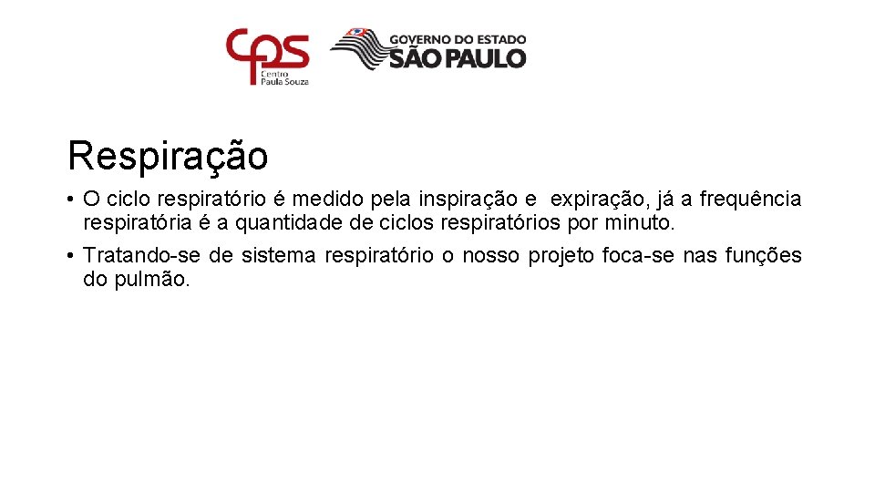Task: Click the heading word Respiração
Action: click(x=168, y=157)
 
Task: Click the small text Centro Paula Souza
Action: click(x=285, y=77)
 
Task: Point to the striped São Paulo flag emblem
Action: click(x=357, y=49)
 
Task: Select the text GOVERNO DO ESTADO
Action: click(x=458, y=39)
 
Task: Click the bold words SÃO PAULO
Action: click(x=458, y=58)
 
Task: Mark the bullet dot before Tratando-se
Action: click(x=70, y=255)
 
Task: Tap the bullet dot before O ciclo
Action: click(x=70, y=199)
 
